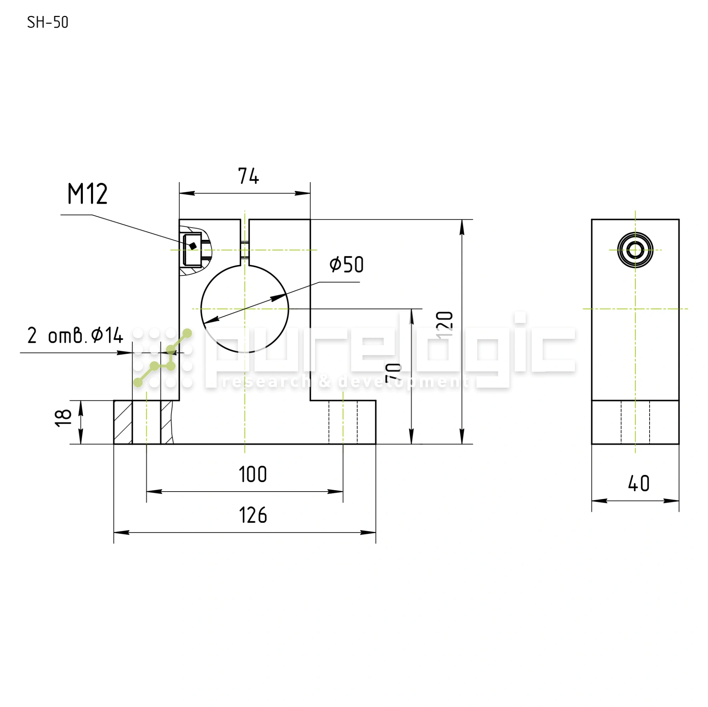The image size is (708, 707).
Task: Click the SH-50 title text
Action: click(x=48, y=23)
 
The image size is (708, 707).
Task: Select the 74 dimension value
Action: click(x=249, y=176)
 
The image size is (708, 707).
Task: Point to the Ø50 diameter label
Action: click(x=346, y=265)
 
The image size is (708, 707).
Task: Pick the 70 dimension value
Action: click(x=394, y=373)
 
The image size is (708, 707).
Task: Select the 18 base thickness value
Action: click(x=63, y=418)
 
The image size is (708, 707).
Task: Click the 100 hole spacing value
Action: click(x=253, y=475)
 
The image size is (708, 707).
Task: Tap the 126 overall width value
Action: click(x=253, y=516)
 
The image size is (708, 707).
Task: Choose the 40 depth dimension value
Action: click(x=639, y=484)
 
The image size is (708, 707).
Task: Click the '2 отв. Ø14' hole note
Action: click(x=75, y=335)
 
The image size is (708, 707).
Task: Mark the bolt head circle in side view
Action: click(x=635, y=250)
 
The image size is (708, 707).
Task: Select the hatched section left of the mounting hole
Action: click(x=123, y=422)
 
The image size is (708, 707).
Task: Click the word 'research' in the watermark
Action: click(x=266, y=382)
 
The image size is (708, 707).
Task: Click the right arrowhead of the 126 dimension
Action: click(x=368, y=533)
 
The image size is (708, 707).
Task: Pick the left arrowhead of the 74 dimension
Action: click(x=187, y=193)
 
